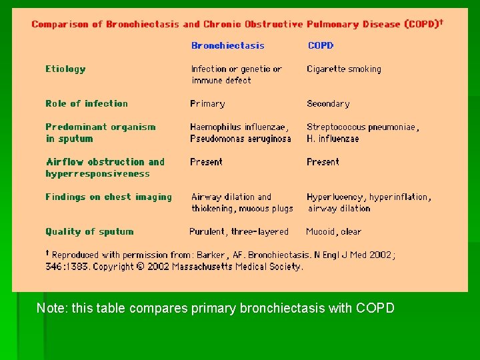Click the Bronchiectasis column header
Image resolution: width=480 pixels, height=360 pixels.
click(227, 45)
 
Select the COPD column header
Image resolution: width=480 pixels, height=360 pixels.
click(320, 45)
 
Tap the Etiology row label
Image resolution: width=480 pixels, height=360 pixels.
click(65, 69)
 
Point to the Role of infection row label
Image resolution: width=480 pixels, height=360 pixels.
click(87, 103)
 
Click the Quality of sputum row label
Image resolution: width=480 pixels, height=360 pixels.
click(89, 231)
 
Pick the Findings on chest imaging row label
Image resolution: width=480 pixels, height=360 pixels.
click(109, 197)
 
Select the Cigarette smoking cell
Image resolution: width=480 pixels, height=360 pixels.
click(344, 69)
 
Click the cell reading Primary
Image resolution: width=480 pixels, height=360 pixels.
click(207, 103)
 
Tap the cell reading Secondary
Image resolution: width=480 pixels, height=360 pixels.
click(328, 103)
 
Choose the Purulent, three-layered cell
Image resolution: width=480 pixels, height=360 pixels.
click(239, 231)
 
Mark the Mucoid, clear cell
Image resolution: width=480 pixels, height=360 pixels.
click(333, 231)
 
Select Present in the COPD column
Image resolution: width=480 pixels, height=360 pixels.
click(323, 161)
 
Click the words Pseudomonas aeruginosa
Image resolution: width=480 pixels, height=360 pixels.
click(241, 139)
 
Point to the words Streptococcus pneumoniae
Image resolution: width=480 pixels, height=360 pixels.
click(361, 127)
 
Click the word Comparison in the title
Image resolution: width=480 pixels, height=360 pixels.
click(60, 24)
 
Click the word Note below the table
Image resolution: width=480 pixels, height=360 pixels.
click(49, 308)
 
